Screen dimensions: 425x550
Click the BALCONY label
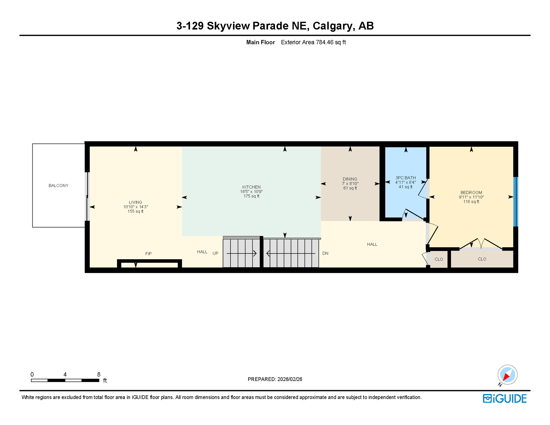[x=58, y=185]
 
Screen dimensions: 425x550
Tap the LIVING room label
[x=135, y=202]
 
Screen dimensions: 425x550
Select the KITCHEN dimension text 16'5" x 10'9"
[x=251, y=191]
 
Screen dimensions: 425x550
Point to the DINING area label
[x=350, y=179]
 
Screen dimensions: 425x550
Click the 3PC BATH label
[x=405, y=178]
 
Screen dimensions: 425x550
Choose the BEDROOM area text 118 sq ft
[x=471, y=202]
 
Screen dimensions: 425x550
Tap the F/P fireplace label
[x=148, y=254]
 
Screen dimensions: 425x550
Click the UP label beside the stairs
[x=216, y=253]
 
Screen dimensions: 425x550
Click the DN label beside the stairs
[x=325, y=253]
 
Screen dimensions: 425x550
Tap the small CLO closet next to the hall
[x=439, y=259]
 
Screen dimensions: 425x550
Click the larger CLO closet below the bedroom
[x=482, y=259]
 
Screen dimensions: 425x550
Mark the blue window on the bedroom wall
[x=515, y=202]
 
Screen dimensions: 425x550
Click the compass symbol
[x=507, y=375]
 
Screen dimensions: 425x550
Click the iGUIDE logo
[x=505, y=398]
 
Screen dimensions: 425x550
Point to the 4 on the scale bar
[x=65, y=374]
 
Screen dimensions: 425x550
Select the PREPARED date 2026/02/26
[x=290, y=379]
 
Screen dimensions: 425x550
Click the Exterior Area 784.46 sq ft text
[x=313, y=42]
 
